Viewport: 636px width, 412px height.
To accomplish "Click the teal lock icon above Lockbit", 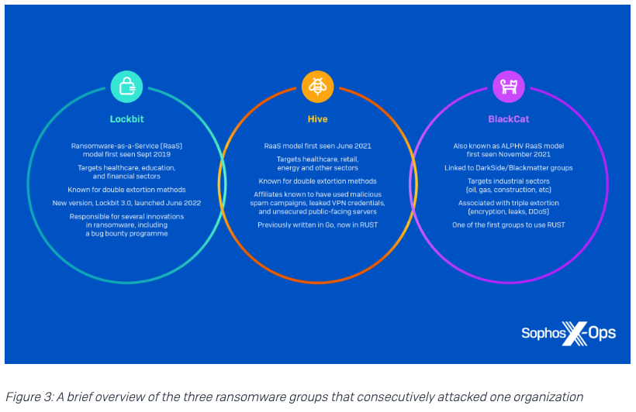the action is point(127,87).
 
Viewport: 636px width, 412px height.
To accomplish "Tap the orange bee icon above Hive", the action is point(318,87).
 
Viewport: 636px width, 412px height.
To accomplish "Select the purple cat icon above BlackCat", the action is point(509,87).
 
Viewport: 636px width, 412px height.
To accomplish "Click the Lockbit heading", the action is point(127,119).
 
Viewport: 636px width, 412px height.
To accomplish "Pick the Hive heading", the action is point(318,119).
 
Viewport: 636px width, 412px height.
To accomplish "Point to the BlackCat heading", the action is point(509,119).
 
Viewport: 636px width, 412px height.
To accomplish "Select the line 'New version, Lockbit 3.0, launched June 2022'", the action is point(127,202).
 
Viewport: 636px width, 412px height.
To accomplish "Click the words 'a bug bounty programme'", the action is point(127,232).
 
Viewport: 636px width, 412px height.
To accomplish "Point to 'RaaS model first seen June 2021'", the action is point(318,145).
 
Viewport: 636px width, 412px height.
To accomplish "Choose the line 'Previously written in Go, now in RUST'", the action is point(318,225).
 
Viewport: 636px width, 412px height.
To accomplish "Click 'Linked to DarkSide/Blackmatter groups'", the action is point(509,167).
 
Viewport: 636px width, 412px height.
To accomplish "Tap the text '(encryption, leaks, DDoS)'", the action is point(509,211).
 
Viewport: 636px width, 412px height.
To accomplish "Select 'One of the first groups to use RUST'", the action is point(509,225).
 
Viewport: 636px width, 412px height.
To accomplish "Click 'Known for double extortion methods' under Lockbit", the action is point(127,189).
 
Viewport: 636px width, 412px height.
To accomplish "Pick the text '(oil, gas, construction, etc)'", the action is point(509,189).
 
